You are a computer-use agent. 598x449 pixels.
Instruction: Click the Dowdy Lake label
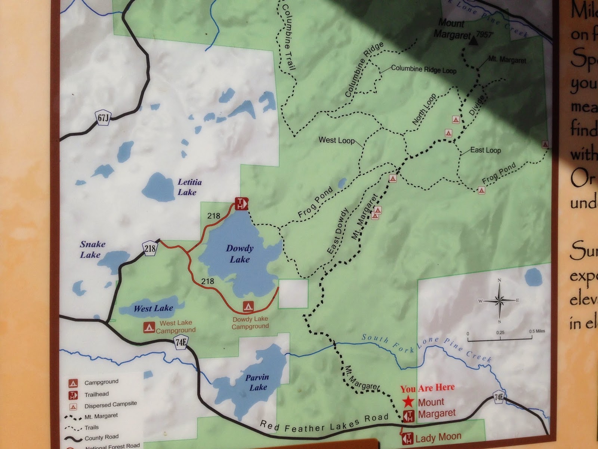tap(240, 254)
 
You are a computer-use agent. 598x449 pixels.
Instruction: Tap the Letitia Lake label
tap(189, 187)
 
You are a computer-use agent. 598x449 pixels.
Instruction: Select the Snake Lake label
tap(92, 250)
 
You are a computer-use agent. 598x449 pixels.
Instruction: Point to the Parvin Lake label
tap(257, 382)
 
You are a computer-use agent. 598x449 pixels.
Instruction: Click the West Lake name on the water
tap(153, 309)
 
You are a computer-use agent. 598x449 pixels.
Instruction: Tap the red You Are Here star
tap(408, 402)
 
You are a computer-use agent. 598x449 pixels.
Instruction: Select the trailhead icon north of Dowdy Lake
tap(241, 204)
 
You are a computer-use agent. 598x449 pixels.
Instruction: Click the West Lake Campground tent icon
tap(149, 327)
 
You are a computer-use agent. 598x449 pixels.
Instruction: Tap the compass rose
tap(499, 300)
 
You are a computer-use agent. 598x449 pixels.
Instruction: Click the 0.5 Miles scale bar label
tap(537, 331)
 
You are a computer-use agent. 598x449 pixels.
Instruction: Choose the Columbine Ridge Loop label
tap(423, 70)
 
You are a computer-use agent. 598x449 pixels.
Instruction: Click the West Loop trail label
tap(336, 140)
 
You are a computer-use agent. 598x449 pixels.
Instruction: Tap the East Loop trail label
tap(485, 150)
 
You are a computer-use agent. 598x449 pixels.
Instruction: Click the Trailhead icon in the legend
tap(73, 394)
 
